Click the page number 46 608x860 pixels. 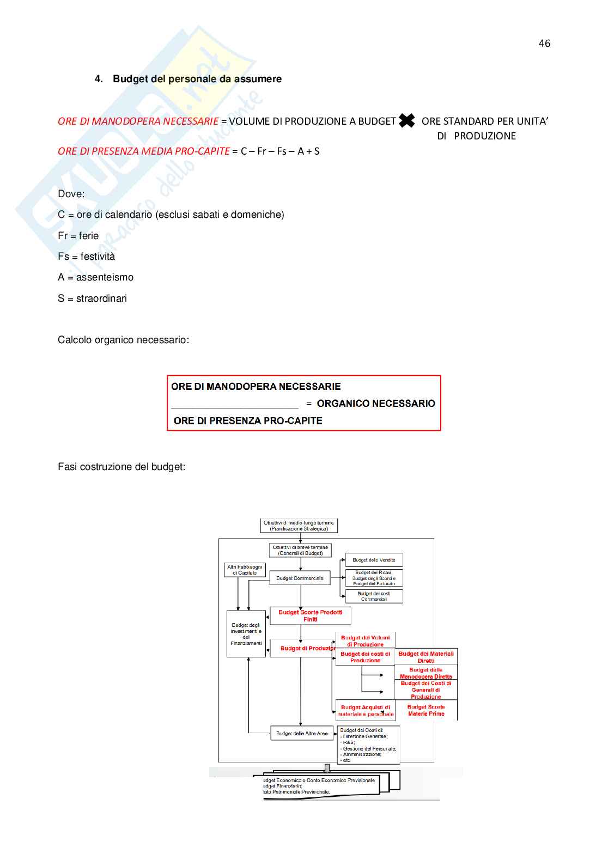[x=544, y=44]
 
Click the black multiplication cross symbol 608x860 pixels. [x=407, y=120]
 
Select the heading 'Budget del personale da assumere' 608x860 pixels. [x=197, y=79]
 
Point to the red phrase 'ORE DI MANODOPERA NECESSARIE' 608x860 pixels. [x=138, y=121]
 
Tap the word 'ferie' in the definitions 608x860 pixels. [x=89, y=236]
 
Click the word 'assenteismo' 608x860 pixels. [x=105, y=277]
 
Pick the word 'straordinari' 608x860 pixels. [x=101, y=298]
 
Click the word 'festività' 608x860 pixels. [x=98, y=257]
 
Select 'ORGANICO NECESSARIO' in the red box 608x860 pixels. [x=376, y=404]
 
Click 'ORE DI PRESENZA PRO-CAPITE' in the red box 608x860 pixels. [x=248, y=421]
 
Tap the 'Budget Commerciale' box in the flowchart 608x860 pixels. [x=300, y=578]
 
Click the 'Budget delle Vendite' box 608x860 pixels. [x=374, y=560]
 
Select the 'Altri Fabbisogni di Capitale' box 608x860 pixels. [x=245, y=570]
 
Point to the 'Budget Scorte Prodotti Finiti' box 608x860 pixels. [x=311, y=616]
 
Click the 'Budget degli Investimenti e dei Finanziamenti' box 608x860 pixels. [x=246, y=634]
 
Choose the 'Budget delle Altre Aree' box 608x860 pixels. [x=302, y=734]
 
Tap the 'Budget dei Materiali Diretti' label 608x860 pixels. [x=426, y=657]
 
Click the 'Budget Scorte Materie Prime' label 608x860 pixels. [x=426, y=710]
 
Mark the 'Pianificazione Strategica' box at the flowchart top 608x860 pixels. [x=299, y=526]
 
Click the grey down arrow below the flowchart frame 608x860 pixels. [x=327, y=768]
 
